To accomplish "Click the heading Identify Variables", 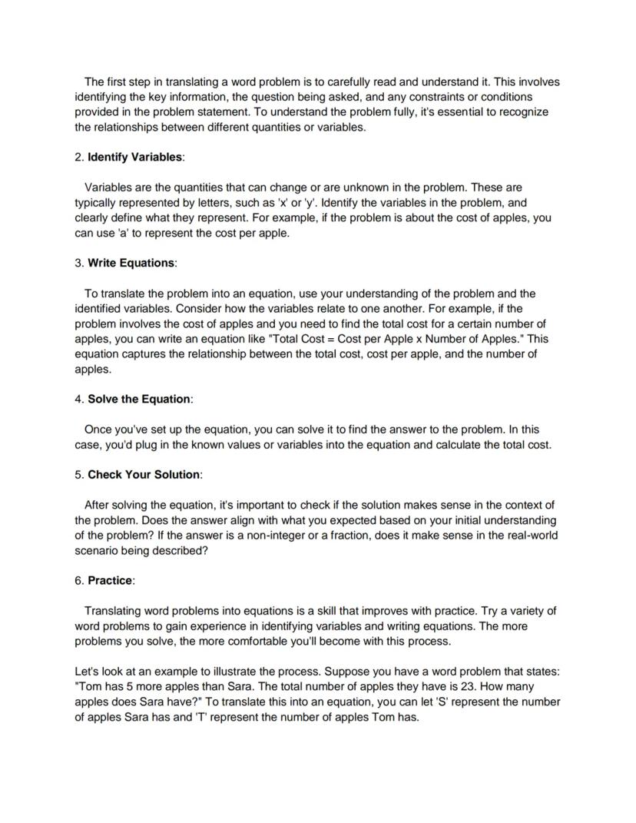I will (x=134, y=157).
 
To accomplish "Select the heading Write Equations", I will (x=131, y=263).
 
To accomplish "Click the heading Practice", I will (x=110, y=580).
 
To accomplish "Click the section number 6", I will (x=78, y=580).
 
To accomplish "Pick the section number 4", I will (x=78, y=399).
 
